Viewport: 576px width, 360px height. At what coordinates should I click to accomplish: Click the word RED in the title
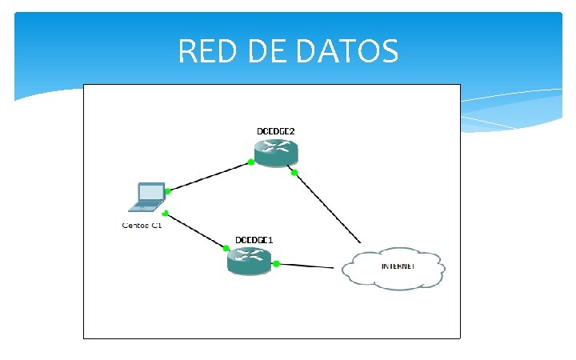pyautogui.click(x=206, y=52)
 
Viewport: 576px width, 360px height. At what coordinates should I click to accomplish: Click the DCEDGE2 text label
pyautogui.click(x=275, y=130)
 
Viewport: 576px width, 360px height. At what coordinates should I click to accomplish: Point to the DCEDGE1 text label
pyautogui.click(x=254, y=240)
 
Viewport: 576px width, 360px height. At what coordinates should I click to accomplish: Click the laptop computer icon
pyautogui.click(x=146, y=197)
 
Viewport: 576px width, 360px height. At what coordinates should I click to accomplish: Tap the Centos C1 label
pyautogui.click(x=142, y=226)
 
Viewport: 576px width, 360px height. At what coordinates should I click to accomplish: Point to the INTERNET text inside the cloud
pyautogui.click(x=398, y=266)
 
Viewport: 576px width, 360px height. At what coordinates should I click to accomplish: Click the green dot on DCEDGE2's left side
pyautogui.click(x=250, y=162)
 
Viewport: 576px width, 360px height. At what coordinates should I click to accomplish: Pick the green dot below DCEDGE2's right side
pyautogui.click(x=294, y=172)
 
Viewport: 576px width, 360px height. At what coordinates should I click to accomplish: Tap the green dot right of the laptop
pyautogui.click(x=168, y=191)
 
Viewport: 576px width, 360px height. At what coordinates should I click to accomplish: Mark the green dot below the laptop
pyautogui.click(x=164, y=214)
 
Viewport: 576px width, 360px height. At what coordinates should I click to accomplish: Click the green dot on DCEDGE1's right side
pyautogui.click(x=276, y=263)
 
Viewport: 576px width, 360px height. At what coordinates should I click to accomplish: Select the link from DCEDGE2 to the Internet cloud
pyautogui.click(x=328, y=207)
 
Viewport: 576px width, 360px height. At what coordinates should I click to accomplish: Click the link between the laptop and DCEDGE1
pyautogui.click(x=196, y=231)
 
